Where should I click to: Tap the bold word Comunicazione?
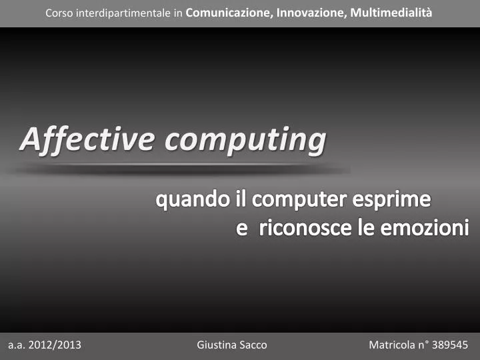click(x=228, y=13)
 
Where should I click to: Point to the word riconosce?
click(x=305, y=229)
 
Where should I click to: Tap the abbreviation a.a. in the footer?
click(x=17, y=345)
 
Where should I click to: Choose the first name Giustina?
click(x=217, y=345)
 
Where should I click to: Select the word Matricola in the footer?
click(x=391, y=345)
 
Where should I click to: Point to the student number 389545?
click(x=450, y=345)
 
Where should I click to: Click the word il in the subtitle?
click(x=241, y=199)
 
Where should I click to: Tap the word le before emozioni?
click(x=365, y=229)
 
